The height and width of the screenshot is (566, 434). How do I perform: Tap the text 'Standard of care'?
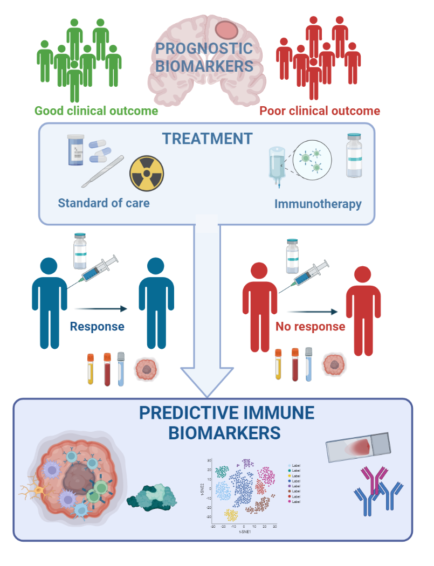pos(104,204)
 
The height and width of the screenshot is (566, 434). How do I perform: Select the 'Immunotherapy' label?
pos(318,204)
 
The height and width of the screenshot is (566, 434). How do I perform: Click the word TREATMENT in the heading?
pos(208,139)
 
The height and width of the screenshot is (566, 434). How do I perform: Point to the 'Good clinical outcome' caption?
pos(97,111)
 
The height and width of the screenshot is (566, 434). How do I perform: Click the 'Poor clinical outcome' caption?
pos(320,111)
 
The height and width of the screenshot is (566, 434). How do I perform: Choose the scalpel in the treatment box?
pos(103,171)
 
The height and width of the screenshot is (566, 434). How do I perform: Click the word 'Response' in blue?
pos(97,327)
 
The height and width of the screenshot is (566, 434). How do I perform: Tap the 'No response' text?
pos(310,327)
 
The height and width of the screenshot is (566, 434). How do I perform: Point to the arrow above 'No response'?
pos(312,312)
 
